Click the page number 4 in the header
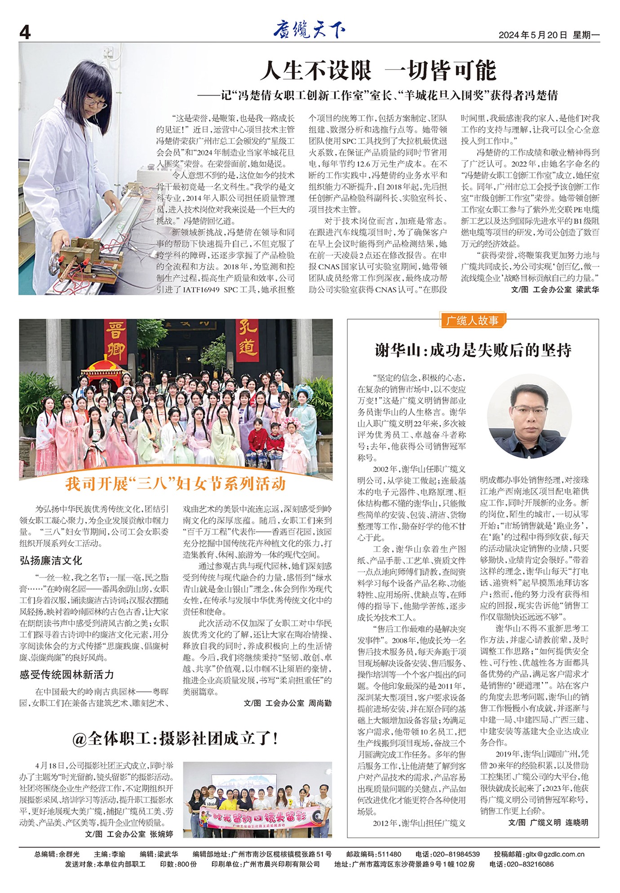pos(25,32)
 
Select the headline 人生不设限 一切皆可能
pos(378,70)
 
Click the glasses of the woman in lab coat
pos(95,102)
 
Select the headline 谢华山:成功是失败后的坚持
pos(473,350)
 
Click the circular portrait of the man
pos(529,416)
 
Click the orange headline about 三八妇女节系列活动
pos(176,484)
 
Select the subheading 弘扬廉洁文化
pos(51,560)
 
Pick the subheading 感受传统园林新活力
pos(66,674)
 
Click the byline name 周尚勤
pos(320,703)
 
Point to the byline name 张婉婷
pos(161,834)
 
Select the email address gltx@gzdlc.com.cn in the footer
pos(555,854)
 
